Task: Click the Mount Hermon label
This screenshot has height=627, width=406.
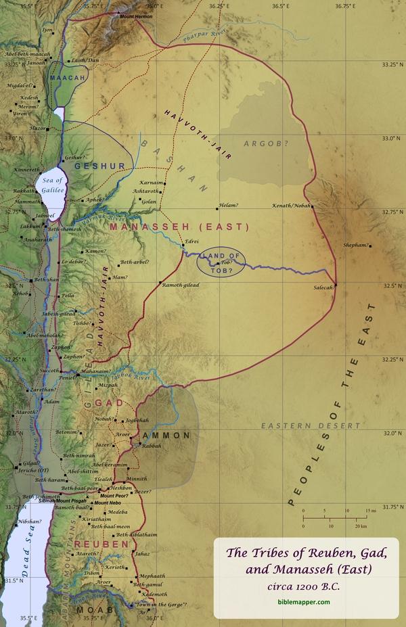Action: (x=137, y=15)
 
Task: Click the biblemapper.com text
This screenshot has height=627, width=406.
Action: (x=302, y=601)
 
